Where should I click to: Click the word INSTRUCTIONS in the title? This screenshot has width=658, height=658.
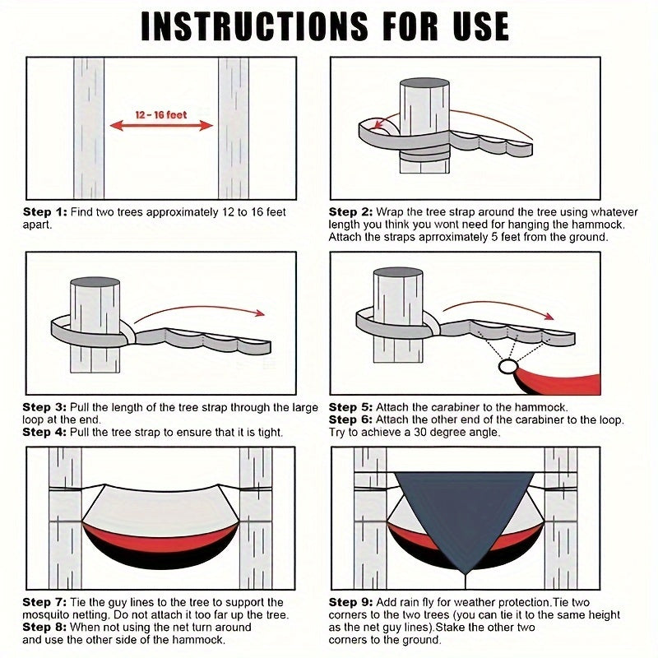[x=254, y=26]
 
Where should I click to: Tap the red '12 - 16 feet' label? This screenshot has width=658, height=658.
[x=161, y=114]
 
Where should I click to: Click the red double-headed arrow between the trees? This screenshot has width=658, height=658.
[x=161, y=126]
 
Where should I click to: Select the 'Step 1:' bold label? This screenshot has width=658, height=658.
[x=45, y=212]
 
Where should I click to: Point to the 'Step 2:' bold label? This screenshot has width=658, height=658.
[x=350, y=212]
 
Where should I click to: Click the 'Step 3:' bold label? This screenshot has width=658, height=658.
[x=44, y=407]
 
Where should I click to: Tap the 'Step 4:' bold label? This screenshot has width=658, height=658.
[x=44, y=432]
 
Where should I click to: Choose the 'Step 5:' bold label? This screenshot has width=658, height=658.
[x=350, y=407]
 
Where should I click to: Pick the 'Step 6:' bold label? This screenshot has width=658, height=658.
[x=350, y=419]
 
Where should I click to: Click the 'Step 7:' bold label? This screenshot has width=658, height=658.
[x=44, y=602]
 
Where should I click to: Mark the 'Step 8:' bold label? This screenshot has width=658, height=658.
[x=44, y=627]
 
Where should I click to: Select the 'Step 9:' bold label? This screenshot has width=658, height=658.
[x=350, y=602]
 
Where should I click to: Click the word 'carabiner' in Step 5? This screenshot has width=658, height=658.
[x=456, y=407]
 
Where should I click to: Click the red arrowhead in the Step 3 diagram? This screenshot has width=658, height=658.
[x=260, y=313]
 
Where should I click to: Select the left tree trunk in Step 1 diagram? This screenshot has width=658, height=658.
[x=89, y=128]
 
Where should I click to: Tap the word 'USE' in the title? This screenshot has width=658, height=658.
[x=481, y=26]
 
